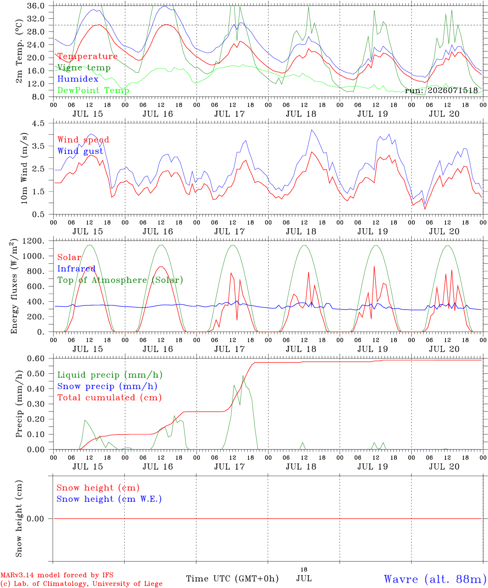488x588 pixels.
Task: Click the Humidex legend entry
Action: click(78, 79)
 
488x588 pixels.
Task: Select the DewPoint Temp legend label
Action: click(93, 90)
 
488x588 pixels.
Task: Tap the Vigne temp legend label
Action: click(84, 68)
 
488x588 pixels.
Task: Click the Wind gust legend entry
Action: click(81, 151)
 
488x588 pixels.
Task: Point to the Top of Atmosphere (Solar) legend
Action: click(121, 280)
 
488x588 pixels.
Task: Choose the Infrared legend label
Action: click(76, 269)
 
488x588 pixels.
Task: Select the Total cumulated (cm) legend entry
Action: click(110, 397)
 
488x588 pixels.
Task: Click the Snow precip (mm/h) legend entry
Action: click(107, 386)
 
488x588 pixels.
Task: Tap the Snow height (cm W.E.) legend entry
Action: click(109, 499)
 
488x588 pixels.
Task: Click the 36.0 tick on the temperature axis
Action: click(36, 6)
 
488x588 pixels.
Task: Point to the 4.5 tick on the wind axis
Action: click(38, 123)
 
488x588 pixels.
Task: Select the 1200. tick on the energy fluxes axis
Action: click(34, 241)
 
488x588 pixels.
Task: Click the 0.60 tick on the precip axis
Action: click(36, 359)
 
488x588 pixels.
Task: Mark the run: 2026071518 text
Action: click(441, 90)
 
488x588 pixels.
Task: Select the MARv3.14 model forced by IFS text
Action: click(57, 575)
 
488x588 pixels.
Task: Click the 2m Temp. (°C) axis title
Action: click(19, 51)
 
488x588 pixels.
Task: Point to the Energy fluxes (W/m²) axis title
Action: click(14, 286)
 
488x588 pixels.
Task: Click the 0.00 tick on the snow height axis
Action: click(36, 519)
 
